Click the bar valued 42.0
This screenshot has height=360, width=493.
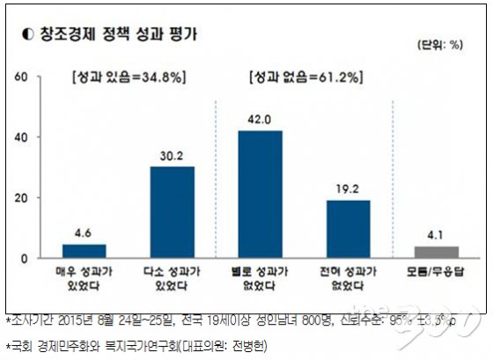pos(260,195)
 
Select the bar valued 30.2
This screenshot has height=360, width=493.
pos(172,212)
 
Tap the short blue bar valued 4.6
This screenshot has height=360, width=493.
pos(84,251)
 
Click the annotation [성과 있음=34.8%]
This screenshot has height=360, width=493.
pos(128,77)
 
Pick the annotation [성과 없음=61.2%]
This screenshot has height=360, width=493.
pos(305,77)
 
